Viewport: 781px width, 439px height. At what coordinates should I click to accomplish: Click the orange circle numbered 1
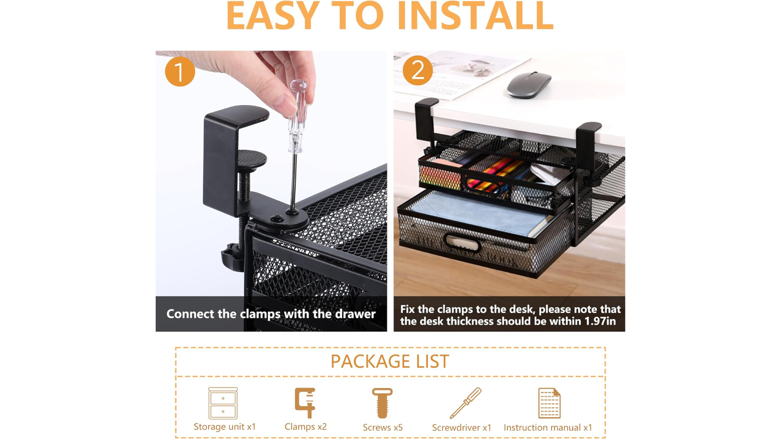click(x=180, y=71)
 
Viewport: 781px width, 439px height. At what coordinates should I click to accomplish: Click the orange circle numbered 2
click(x=418, y=70)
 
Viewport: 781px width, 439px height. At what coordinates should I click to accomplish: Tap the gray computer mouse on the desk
click(x=528, y=85)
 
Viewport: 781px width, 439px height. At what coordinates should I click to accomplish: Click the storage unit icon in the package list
click(x=223, y=403)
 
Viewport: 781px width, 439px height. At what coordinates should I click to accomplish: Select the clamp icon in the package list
click(x=305, y=403)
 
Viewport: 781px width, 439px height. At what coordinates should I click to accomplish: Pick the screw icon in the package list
click(x=383, y=403)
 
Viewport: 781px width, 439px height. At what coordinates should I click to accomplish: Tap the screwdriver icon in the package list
click(x=465, y=403)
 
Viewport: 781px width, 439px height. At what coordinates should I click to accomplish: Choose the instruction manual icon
click(x=549, y=403)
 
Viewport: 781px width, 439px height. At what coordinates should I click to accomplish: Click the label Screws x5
click(x=383, y=428)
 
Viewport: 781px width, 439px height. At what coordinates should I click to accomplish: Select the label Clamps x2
click(x=306, y=427)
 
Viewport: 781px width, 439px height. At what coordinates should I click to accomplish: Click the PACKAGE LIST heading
click(x=390, y=361)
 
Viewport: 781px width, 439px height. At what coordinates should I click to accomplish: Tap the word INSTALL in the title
click(x=475, y=16)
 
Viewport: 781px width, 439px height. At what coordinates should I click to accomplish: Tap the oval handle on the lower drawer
click(x=463, y=242)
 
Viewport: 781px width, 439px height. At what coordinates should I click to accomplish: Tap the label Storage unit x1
click(x=225, y=427)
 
